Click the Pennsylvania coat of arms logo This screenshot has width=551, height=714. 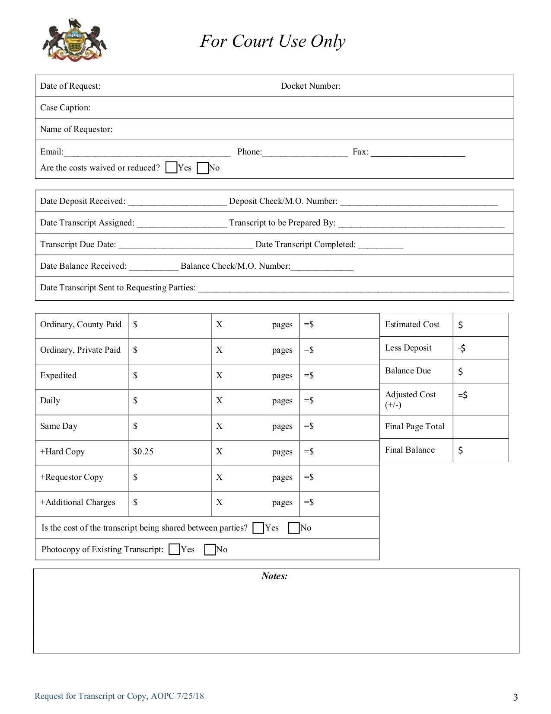tap(74, 40)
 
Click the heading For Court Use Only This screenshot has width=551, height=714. tap(272, 41)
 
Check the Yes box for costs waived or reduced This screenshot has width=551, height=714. tap(171, 167)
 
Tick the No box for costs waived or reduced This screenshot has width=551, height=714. tap(202, 168)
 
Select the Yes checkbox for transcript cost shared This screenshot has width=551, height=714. tap(258, 528)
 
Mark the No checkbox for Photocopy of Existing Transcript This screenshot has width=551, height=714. tap(210, 550)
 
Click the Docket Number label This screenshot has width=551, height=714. tap(310, 86)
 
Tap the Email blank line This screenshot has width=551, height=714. tap(147, 152)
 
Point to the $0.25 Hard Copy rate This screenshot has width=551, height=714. tap(143, 451)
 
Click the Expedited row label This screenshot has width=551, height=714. tap(58, 375)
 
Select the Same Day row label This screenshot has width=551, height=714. tap(59, 426)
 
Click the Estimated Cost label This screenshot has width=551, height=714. tap(412, 324)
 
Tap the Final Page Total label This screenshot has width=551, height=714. tap(414, 426)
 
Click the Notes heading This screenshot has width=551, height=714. tap(274, 576)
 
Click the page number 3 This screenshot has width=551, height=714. tap(515, 697)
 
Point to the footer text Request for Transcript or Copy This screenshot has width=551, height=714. tap(119, 696)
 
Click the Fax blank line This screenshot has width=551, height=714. tap(417, 152)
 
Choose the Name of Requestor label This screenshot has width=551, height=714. tap(76, 129)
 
